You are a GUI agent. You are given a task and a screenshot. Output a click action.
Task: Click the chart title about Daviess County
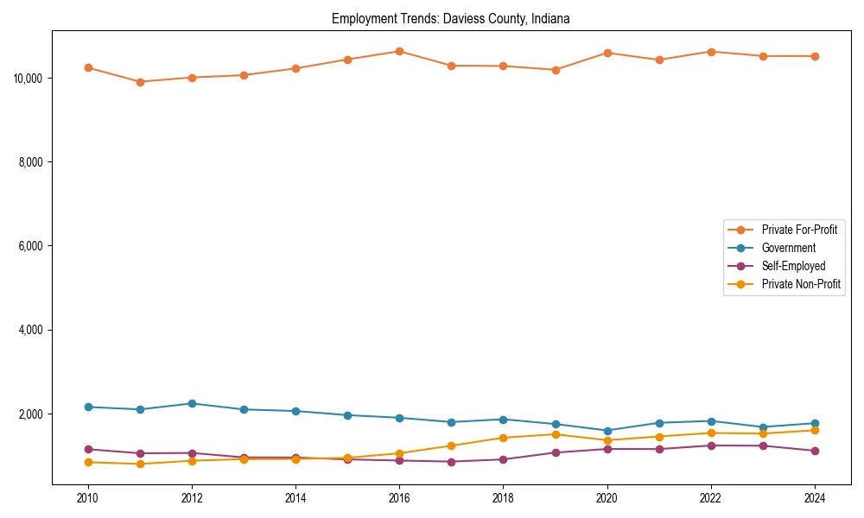(x=450, y=18)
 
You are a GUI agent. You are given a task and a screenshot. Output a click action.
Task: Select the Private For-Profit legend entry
(x=799, y=230)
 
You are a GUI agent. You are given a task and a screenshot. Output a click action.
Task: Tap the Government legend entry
(x=788, y=248)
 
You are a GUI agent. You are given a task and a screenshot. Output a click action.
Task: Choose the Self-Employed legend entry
(x=793, y=266)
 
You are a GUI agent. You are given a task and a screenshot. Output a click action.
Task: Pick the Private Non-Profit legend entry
(x=801, y=284)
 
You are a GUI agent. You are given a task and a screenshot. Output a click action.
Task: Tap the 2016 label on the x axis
(x=399, y=498)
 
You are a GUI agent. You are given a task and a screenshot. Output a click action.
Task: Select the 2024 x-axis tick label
(x=815, y=498)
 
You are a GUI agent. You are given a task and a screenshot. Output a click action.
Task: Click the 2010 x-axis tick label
(x=88, y=498)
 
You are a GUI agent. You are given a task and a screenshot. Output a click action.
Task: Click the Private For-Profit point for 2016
(x=399, y=51)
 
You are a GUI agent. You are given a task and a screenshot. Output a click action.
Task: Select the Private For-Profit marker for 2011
(x=140, y=82)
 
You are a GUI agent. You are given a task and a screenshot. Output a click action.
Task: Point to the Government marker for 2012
(x=192, y=403)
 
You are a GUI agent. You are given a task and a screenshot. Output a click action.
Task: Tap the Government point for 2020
(x=607, y=431)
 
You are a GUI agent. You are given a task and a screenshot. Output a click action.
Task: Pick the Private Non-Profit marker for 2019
(x=556, y=433)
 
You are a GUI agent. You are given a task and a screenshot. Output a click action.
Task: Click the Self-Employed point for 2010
(x=88, y=449)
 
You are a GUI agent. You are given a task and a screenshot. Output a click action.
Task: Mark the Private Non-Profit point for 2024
(x=815, y=430)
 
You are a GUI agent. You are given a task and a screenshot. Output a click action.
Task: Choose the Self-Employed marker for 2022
(x=711, y=445)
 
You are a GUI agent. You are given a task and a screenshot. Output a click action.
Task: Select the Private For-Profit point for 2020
(x=607, y=53)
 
